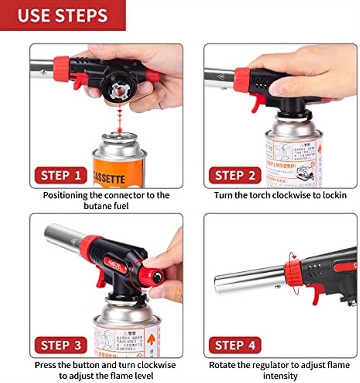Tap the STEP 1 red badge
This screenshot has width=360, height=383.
click(x=61, y=176)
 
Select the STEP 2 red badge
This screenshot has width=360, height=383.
click(x=235, y=176)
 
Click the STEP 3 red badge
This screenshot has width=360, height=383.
click(x=61, y=345)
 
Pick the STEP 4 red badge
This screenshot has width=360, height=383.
click(x=235, y=345)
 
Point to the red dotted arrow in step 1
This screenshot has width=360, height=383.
click(x=118, y=117)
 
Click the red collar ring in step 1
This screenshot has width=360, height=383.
click(x=61, y=68)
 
